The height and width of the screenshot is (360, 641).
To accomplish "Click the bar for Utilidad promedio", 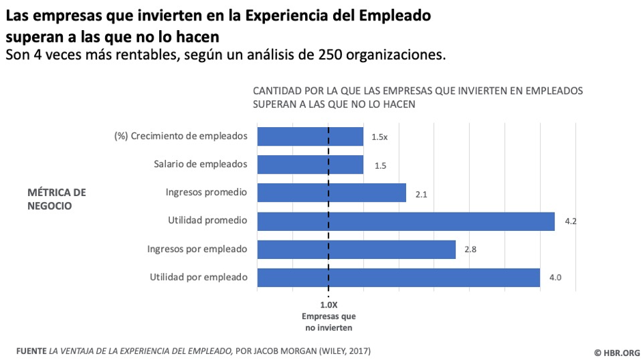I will [405, 221].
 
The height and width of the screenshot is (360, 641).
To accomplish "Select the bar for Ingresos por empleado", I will [356, 249].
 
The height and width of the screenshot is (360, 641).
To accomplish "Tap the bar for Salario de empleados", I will [310, 165].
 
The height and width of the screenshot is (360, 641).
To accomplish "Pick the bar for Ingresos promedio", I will [332, 193].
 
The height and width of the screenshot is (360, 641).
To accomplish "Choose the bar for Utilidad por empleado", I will [399, 277].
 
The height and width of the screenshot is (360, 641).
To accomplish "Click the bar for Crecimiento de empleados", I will [310, 137].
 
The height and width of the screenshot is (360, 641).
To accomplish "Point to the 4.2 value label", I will [571, 222].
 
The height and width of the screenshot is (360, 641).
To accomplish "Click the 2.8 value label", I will [470, 250].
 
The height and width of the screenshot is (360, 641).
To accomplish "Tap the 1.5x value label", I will [380, 137].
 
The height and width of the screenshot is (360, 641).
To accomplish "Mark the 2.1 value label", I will [421, 194].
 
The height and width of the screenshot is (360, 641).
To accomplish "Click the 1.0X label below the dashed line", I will [329, 305].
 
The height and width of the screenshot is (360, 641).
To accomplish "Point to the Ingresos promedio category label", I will [206, 193].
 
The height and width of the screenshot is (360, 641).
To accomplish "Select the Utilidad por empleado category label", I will [198, 277].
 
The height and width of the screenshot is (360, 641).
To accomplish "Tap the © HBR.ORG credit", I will [616, 351].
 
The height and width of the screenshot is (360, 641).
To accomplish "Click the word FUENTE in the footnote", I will [30, 350].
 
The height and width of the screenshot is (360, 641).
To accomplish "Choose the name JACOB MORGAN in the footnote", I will [282, 350].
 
